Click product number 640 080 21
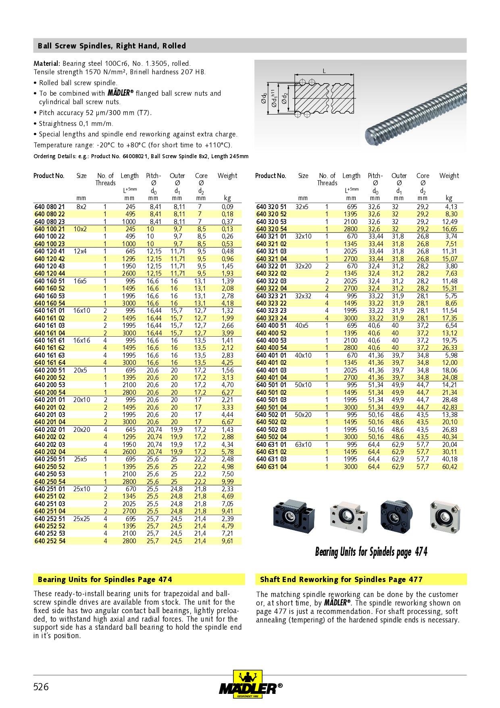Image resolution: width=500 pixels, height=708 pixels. [x=50, y=207]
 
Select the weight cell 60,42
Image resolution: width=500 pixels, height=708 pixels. [x=449, y=467]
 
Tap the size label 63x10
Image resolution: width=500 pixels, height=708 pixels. [x=303, y=444]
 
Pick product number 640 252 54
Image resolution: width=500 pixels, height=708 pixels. [x=50, y=541]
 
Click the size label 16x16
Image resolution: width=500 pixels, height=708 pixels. [x=81, y=340]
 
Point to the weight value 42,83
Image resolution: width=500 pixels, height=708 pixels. [x=449, y=407]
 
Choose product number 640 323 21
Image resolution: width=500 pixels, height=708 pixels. [x=271, y=296]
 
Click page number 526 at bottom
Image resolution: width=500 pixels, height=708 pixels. [x=41, y=687]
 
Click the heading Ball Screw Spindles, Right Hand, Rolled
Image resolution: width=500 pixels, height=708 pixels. [x=112, y=46]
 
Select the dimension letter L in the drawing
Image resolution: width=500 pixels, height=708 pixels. [x=324, y=71]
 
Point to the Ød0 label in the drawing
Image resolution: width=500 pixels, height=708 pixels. [x=263, y=98]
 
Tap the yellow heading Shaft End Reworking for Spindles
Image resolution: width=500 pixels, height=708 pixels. [x=341, y=579]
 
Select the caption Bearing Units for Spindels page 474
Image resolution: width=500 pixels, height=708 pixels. [x=371, y=552]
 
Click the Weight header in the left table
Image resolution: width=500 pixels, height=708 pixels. [x=227, y=176]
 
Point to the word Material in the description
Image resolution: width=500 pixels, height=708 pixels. [x=46, y=63]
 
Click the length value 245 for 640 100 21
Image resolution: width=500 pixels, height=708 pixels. [x=130, y=229]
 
